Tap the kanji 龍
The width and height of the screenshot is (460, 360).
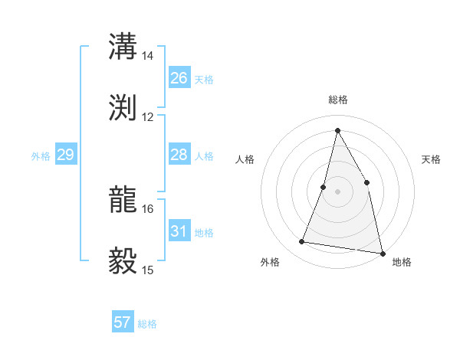(124, 200)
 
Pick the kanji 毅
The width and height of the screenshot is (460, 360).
(124, 260)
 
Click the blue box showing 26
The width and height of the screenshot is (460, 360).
(179, 78)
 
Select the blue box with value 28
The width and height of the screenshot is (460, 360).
(179, 155)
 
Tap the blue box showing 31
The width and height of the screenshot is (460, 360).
(179, 231)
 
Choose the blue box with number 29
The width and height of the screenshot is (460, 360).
(66, 155)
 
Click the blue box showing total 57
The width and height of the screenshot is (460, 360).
(123, 322)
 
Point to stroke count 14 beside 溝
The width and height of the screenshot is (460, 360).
(148, 57)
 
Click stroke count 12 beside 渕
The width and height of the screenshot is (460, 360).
(148, 117)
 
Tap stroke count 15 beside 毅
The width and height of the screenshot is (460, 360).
(148, 270)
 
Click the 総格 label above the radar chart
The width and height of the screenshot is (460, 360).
(338, 100)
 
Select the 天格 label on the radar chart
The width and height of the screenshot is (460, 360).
(431, 159)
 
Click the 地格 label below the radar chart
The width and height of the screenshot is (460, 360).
(401, 262)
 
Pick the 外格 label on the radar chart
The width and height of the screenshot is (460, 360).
(270, 262)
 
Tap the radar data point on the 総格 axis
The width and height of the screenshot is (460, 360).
(337, 130)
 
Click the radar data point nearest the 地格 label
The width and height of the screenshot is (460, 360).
(381, 252)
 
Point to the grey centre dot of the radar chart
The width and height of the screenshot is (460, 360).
(337, 191)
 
